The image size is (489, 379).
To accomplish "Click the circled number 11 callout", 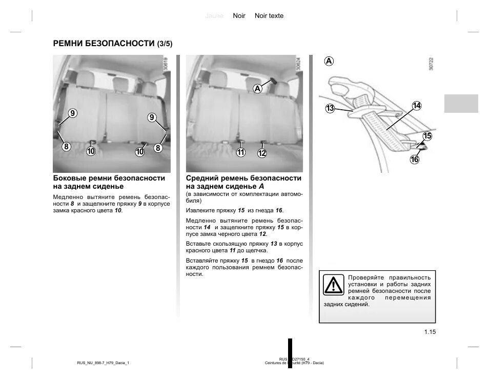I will [241, 152].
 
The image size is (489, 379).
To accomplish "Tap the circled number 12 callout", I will [262, 152].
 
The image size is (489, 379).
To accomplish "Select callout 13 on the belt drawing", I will [330, 108].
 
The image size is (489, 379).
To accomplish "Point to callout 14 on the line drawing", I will [416, 106].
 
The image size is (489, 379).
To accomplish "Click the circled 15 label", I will [427, 136].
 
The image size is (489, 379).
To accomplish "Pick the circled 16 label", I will [414, 159].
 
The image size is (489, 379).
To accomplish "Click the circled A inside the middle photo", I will [257, 89].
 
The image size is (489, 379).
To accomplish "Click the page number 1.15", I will [430, 332].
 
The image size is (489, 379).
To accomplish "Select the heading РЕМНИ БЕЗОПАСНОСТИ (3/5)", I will [113, 43].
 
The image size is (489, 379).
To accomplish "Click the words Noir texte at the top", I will [269, 16].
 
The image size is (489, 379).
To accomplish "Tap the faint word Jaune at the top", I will [214, 16].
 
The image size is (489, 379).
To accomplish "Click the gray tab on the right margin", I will [461, 103].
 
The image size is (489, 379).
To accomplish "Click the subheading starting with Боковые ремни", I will [109, 182].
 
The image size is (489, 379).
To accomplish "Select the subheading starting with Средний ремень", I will [243, 182].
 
